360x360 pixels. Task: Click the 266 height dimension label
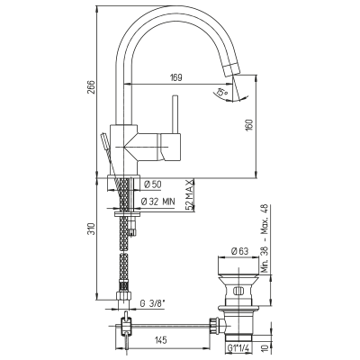coord(91,87)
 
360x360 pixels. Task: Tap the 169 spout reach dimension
coord(176,77)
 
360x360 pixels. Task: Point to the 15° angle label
coord(222,92)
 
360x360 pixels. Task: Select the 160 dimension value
coord(250,126)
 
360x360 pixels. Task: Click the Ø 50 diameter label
coord(152,184)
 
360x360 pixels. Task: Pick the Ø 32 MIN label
coord(157,202)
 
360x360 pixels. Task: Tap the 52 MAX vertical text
coord(188,195)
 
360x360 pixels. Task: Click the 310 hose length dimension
coord(92,229)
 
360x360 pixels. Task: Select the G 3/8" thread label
coord(153,303)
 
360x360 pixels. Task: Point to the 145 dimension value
coord(160,340)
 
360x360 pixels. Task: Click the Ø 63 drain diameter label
coord(239,251)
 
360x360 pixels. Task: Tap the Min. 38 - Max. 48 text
coord(265,238)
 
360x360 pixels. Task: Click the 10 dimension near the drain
coord(265,347)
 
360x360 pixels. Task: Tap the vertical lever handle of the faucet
coord(175,114)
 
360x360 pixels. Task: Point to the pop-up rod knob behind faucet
coord(103,141)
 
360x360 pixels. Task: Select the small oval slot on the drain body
coord(238,291)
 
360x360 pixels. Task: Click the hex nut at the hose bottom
coord(124,295)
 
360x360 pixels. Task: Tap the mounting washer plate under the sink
coord(128,214)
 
